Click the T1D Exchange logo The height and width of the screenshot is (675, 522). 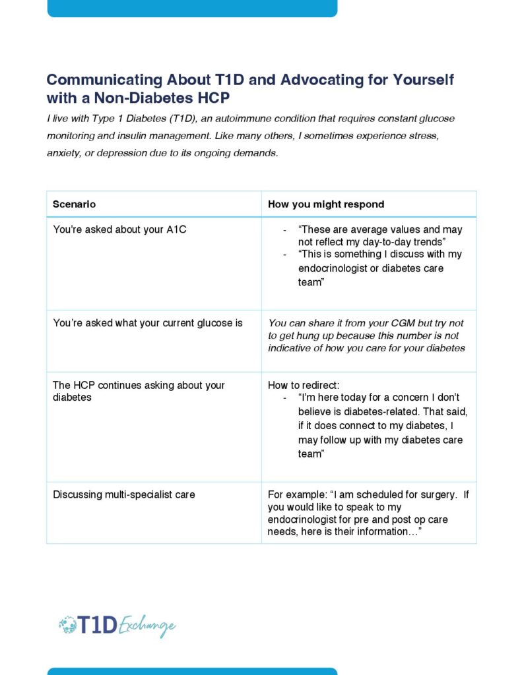(x=117, y=626)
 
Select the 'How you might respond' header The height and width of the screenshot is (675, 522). (x=326, y=204)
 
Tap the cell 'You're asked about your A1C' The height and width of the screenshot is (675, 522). (x=119, y=230)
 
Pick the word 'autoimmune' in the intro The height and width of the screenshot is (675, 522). (x=255, y=119)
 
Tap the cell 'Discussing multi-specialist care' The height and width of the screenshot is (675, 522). (x=124, y=494)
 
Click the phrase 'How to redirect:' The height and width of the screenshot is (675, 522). (x=304, y=385)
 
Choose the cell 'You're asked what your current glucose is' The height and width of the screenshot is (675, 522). (x=148, y=323)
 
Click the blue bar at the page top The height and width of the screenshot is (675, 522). (x=192, y=8)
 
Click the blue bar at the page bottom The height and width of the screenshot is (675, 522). (x=192, y=671)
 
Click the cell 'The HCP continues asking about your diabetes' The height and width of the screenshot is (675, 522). (x=139, y=391)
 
